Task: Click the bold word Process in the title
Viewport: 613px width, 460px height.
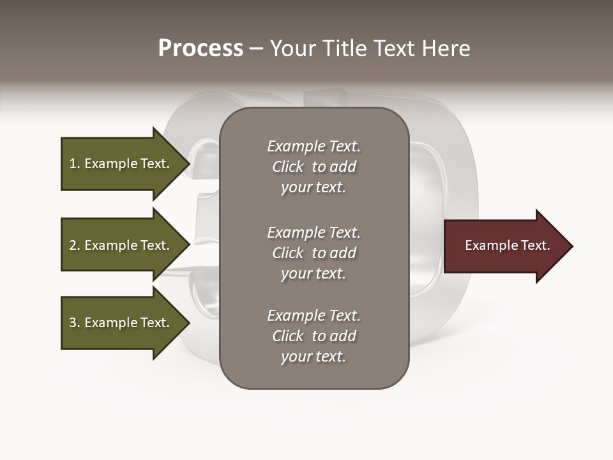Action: (x=201, y=49)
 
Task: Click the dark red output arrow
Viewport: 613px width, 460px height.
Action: (x=504, y=246)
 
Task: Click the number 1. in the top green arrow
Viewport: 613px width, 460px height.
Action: (x=74, y=164)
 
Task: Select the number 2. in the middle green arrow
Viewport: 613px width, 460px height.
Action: (x=74, y=245)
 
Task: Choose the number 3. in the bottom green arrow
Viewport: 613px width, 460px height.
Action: (x=74, y=323)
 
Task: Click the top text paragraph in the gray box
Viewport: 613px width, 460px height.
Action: (x=314, y=167)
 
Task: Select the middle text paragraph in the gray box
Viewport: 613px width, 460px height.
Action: (x=314, y=253)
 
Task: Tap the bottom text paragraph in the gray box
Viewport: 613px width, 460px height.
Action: (x=314, y=336)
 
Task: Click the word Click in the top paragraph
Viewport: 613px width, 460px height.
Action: (x=288, y=167)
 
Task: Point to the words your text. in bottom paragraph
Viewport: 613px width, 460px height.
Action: (x=314, y=356)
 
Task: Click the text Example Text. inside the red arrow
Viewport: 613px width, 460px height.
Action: (x=507, y=245)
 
